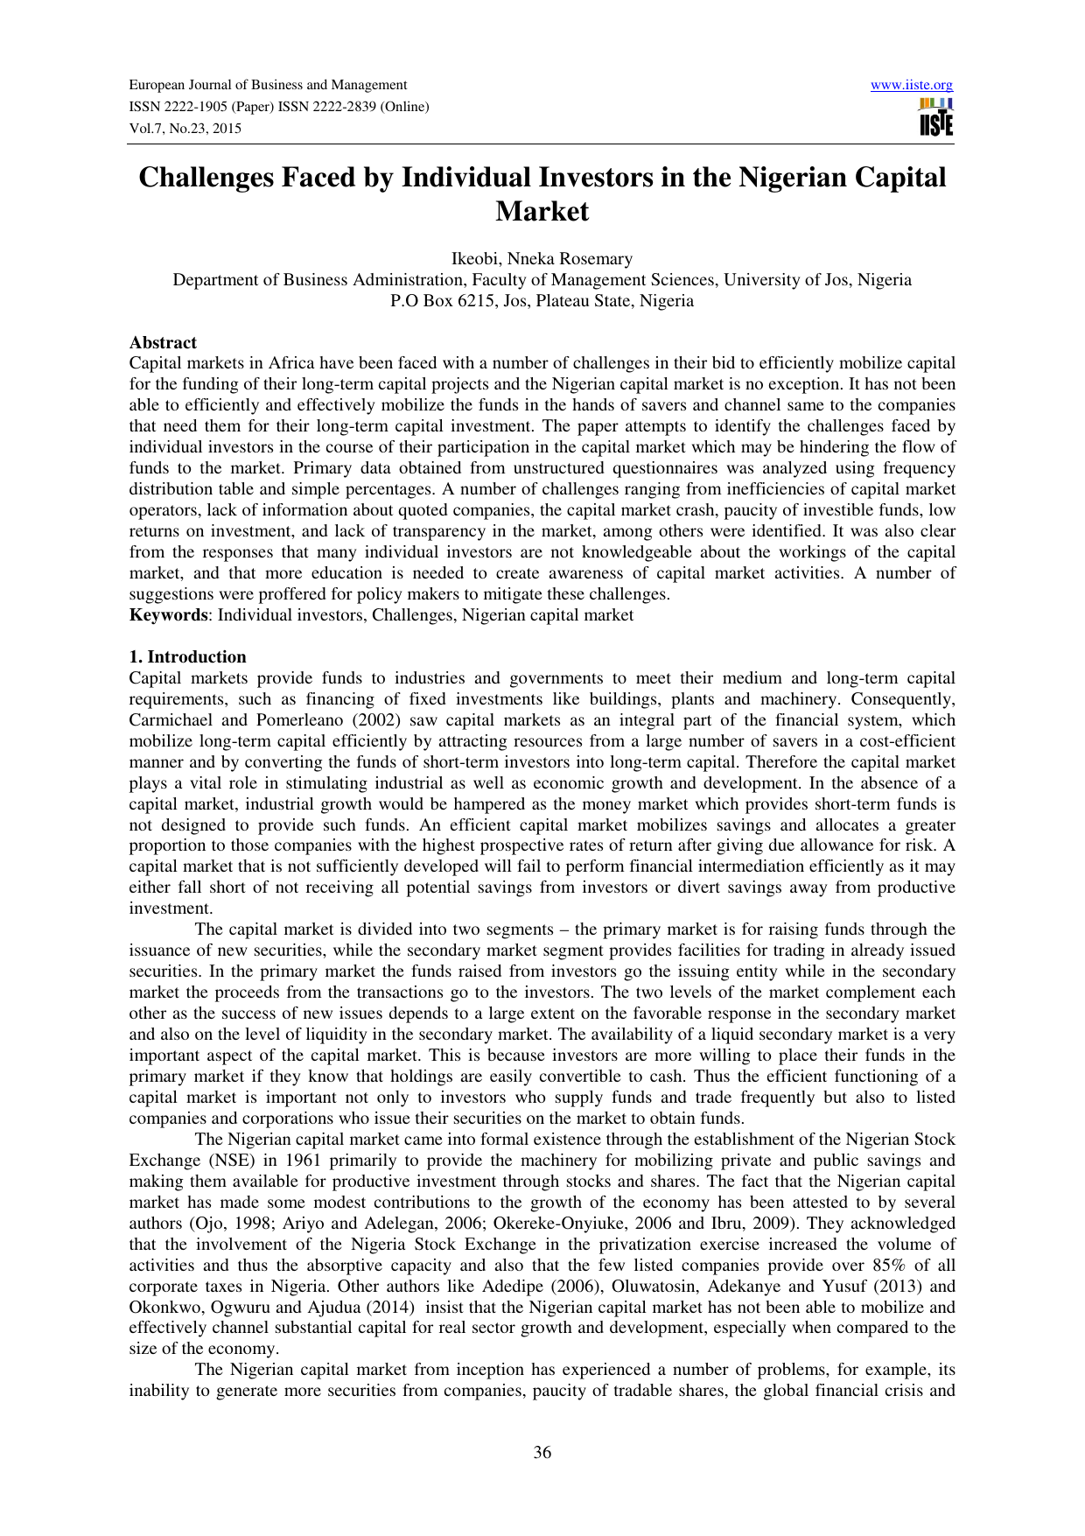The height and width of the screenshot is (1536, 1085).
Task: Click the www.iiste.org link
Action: (x=912, y=85)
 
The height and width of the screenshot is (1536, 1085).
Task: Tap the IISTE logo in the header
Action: (x=935, y=117)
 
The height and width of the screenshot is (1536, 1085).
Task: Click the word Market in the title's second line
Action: (x=542, y=212)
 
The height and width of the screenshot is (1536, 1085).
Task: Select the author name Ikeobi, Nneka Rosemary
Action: (x=542, y=259)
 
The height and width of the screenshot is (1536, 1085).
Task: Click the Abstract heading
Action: (x=163, y=342)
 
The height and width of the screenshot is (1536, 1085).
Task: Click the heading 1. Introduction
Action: (x=187, y=657)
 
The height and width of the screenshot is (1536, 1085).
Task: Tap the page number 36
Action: (x=542, y=1453)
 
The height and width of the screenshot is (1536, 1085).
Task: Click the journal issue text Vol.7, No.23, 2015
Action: (x=185, y=129)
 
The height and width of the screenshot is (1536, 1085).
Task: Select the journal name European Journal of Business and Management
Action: (x=268, y=85)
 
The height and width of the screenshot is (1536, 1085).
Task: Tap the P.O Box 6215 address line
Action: (x=542, y=301)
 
